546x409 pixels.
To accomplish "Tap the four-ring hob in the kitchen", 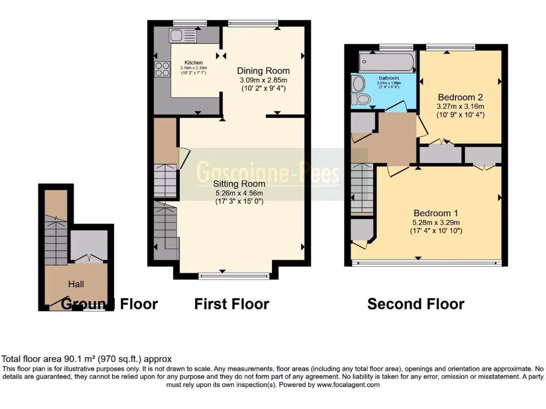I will point(162,70).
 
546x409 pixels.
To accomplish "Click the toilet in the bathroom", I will point(362,99).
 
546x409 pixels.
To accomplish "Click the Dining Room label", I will point(263,71).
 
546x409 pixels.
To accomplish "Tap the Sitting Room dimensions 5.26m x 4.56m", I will point(240,193).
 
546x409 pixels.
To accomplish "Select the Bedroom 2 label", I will point(460,97).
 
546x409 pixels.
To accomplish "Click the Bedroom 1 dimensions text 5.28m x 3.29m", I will point(436,222).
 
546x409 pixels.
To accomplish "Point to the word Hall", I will point(76,284).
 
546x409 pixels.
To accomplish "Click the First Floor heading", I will point(231,304).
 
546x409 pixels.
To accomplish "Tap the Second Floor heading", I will point(416,304).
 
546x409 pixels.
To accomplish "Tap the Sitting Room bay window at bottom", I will point(234,275).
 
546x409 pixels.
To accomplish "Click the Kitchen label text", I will point(194,63).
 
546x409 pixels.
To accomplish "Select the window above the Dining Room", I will point(253,23).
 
